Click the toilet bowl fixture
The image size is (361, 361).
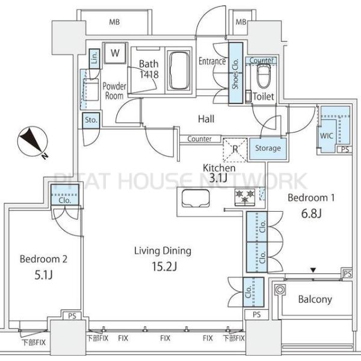click(x=264, y=76)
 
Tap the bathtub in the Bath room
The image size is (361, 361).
click(x=179, y=70)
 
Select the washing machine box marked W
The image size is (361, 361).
click(x=115, y=53)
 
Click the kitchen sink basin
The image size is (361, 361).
click(x=196, y=198)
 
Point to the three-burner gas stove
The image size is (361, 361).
click(x=245, y=196)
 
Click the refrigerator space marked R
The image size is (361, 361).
click(x=235, y=149)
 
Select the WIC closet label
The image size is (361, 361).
click(x=327, y=135)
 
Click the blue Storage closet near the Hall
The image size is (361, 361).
click(x=268, y=149)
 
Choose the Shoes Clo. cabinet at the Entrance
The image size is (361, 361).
click(x=235, y=73)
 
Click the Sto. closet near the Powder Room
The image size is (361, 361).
click(x=91, y=120)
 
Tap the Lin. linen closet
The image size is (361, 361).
click(x=94, y=58)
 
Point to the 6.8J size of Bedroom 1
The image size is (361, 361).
click(x=311, y=214)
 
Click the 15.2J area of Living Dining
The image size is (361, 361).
click(x=164, y=267)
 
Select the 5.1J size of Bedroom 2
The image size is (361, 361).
click(x=43, y=275)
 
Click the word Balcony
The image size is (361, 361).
click(x=315, y=299)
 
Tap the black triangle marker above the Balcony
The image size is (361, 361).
click(x=313, y=270)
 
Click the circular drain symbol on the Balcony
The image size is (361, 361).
click(x=280, y=289)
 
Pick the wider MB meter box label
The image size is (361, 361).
click(x=114, y=22)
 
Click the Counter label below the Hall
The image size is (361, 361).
click(x=199, y=139)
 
